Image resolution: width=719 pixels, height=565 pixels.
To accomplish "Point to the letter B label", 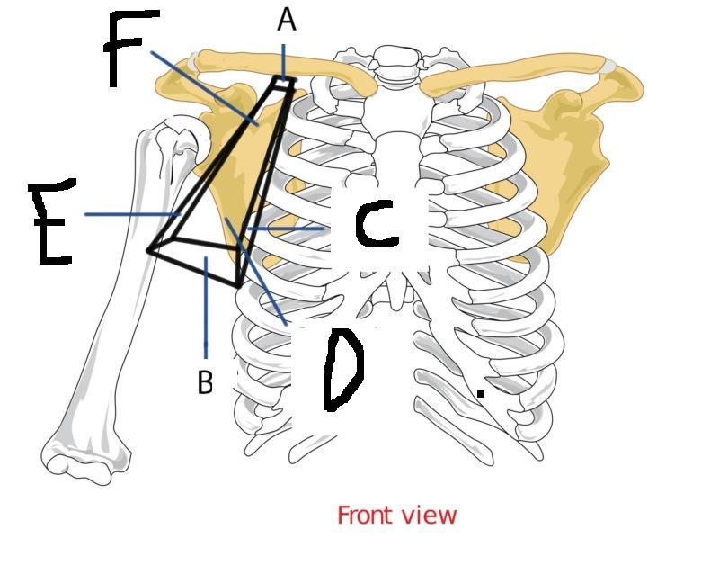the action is (x=206, y=382).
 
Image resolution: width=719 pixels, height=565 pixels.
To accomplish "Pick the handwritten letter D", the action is (x=342, y=370).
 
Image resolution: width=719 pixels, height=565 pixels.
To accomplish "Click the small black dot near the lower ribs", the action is (x=481, y=393).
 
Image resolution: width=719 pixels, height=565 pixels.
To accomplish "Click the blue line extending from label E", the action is (x=130, y=214).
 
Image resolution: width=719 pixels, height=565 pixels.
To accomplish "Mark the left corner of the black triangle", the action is (x=150, y=249).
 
